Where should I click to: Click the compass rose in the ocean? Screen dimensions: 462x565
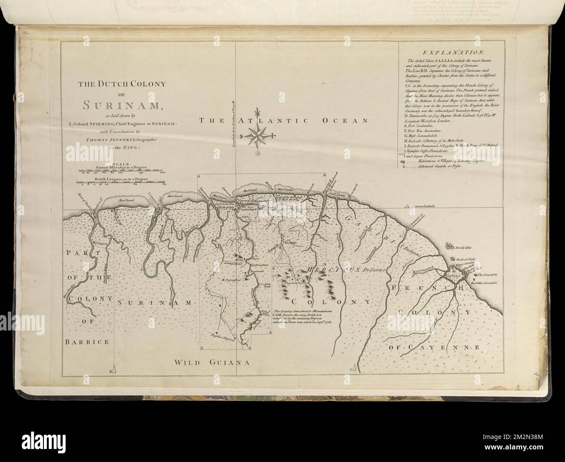(258, 136)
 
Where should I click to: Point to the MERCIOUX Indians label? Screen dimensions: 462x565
(346, 270)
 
